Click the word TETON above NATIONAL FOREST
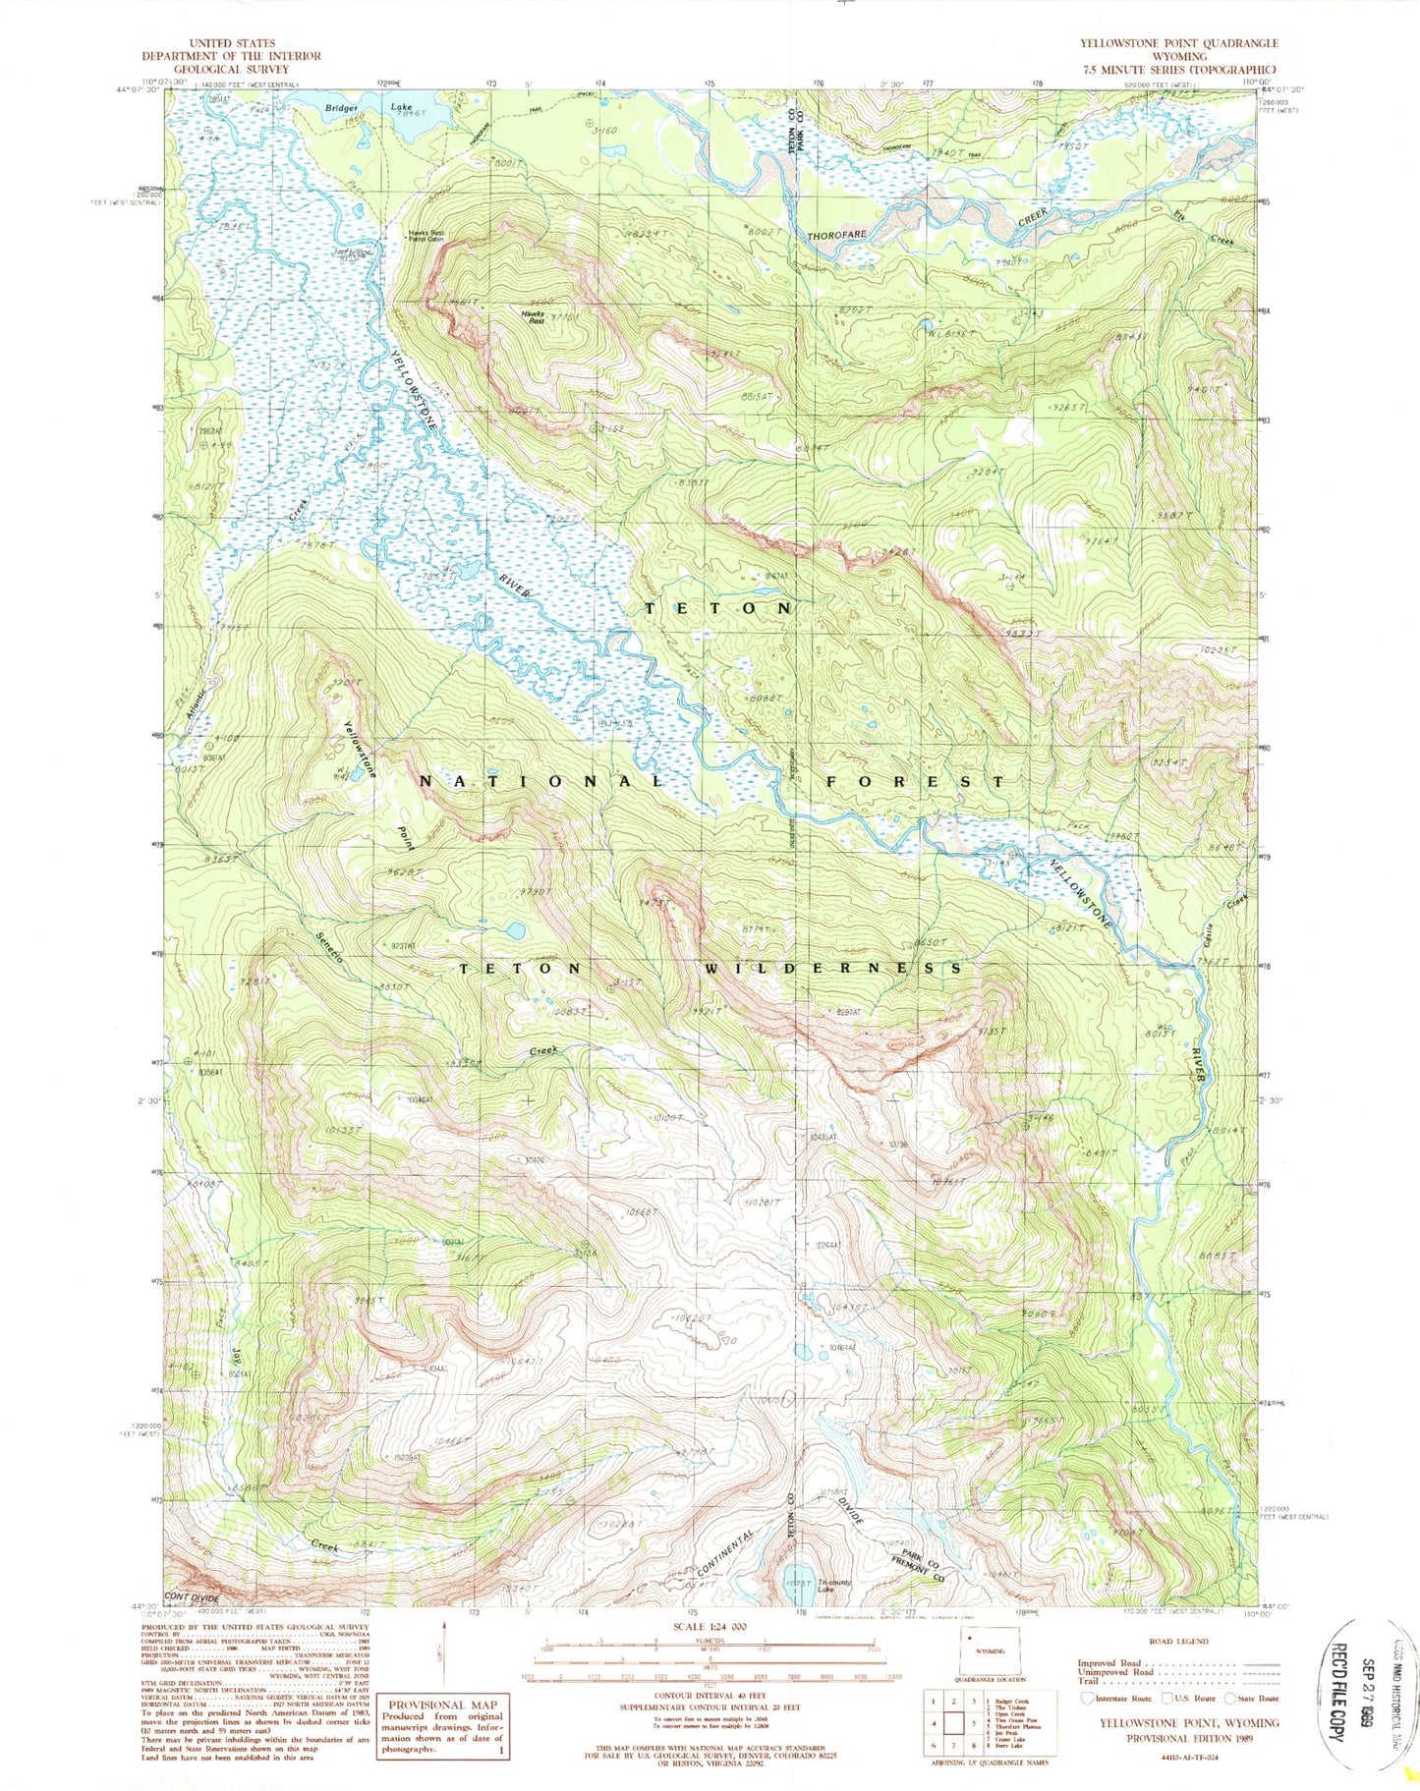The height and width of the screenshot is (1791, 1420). (717, 608)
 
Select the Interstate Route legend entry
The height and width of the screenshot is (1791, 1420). (1118, 1698)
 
